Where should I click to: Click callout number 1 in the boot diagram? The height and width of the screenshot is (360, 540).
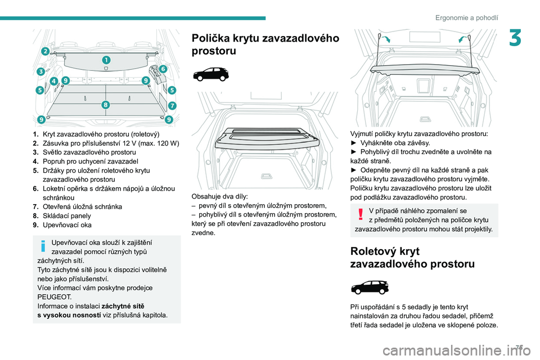coord(106,59)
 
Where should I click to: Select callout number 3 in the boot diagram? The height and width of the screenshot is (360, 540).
coord(40,71)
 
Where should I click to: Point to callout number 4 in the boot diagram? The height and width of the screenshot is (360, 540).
coord(53,81)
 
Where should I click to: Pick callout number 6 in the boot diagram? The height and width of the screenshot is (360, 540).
coord(163,68)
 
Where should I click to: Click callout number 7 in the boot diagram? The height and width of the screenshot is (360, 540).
coord(172,105)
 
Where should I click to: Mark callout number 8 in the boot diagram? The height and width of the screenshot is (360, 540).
coord(105,105)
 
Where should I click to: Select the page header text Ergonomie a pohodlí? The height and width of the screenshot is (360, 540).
coord(466,17)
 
